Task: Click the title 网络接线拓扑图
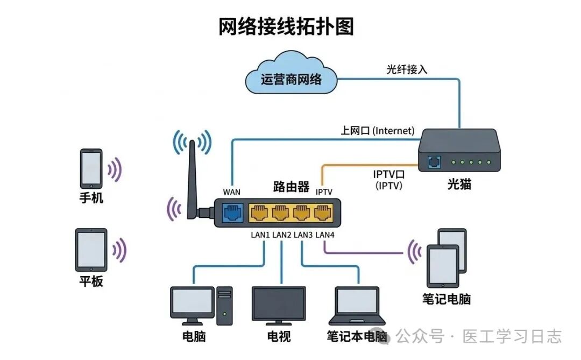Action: (286, 26)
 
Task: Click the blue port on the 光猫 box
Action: (434, 161)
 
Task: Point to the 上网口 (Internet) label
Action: (377, 131)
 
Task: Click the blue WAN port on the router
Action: (232, 213)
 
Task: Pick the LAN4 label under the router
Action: (325, 235)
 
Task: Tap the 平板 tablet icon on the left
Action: (91, 250)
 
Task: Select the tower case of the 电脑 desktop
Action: (224, 306)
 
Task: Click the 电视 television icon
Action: (279, 305)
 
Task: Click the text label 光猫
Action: (459, 185)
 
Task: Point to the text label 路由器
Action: (291, 187)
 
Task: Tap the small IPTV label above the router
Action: (324, 192)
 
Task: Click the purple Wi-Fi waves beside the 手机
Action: (115, 170)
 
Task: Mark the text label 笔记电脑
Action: (447, 299)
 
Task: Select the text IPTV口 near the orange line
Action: (388, 174)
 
